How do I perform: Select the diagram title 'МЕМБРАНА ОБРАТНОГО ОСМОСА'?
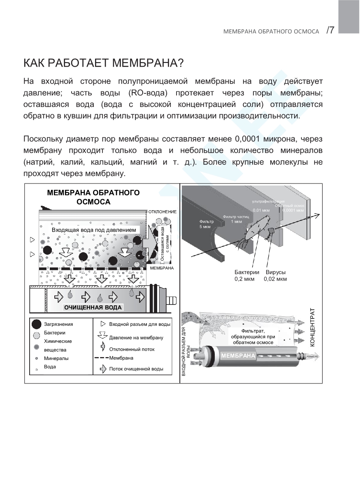[93, 197]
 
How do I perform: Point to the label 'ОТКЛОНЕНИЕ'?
[162, 211]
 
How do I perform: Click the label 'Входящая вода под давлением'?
[94, 229]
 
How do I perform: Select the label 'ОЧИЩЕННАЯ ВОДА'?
[93, 307]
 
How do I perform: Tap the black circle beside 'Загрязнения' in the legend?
[37, 324]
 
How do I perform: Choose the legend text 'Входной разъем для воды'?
[139, 324]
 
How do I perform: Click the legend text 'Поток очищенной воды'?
[136, 369]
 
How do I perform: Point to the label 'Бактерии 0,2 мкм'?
[247, 276]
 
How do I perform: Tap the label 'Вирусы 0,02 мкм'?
[275, 276]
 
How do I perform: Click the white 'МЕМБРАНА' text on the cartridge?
[238, 355]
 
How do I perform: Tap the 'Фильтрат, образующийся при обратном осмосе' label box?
[253, 336]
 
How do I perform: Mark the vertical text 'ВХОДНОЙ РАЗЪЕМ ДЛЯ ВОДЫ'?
[186, 351]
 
